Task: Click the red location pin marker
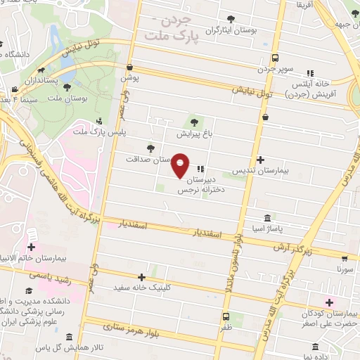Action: coord(181,165)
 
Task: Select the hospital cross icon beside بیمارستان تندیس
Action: coord(261,160)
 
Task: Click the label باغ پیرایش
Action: coord(193,133)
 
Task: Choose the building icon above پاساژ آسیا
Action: coord(267,219)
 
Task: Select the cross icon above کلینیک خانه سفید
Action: coord(142,277)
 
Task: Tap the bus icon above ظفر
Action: coord(226,316)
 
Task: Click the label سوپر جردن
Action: coord(275,70)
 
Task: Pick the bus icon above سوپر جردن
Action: coord(276,58)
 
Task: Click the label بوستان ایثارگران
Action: coord(228,31)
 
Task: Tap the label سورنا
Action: coord(345,269)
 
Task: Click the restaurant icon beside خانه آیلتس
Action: coord(310,72)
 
